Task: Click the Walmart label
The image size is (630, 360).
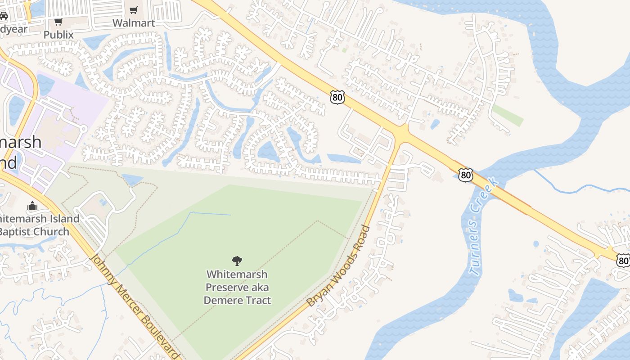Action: pos(134,23)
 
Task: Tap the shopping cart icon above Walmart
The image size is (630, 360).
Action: pos(134,10)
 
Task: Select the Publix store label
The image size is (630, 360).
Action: pos(58,34)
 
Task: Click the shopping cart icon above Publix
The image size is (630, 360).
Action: pos(58,22)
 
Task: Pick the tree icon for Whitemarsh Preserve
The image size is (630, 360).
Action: pos(237,261)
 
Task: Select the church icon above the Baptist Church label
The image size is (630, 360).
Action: pos(32,206)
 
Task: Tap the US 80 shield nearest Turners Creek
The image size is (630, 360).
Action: pos(466,175)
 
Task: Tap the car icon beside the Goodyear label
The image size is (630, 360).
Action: pos(3,16)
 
